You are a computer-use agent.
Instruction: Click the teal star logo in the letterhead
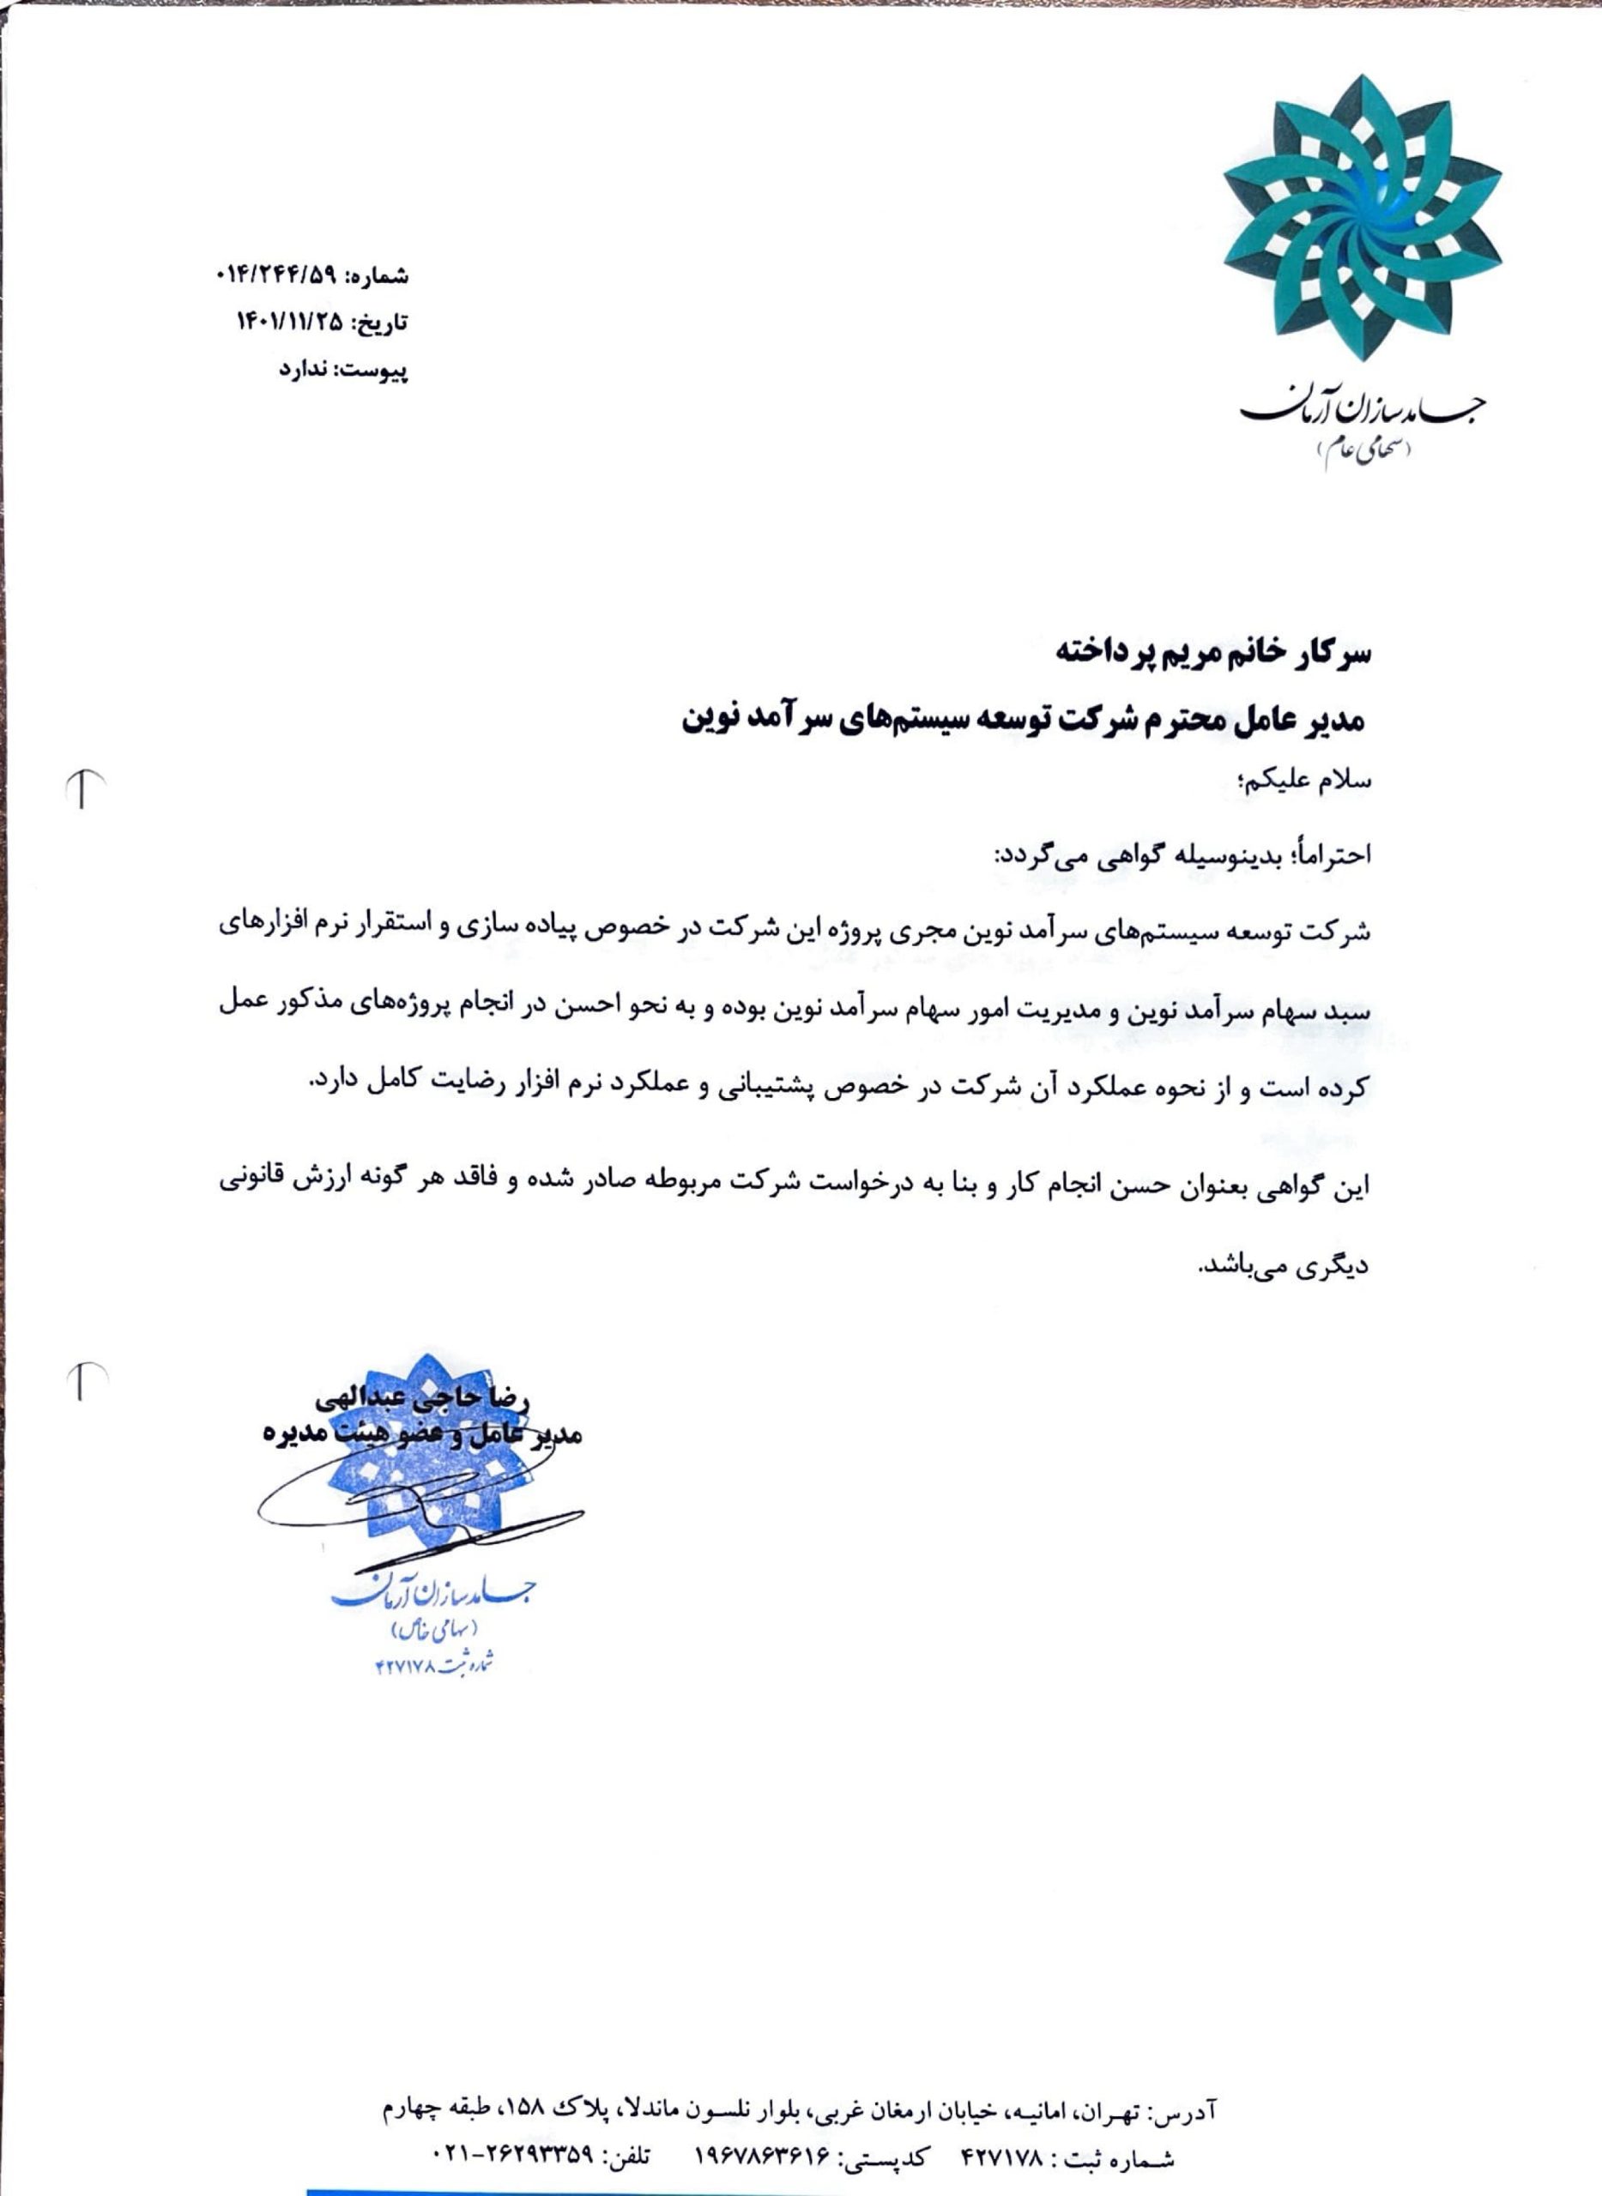(x=1362, y=218)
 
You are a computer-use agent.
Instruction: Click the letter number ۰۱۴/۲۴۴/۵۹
(x=275, y=276)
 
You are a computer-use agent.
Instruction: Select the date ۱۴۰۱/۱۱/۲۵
(x=290, y=323)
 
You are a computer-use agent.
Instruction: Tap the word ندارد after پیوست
(x=305, y=370)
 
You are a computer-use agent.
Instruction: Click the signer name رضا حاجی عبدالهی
(x=423, y=1399)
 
